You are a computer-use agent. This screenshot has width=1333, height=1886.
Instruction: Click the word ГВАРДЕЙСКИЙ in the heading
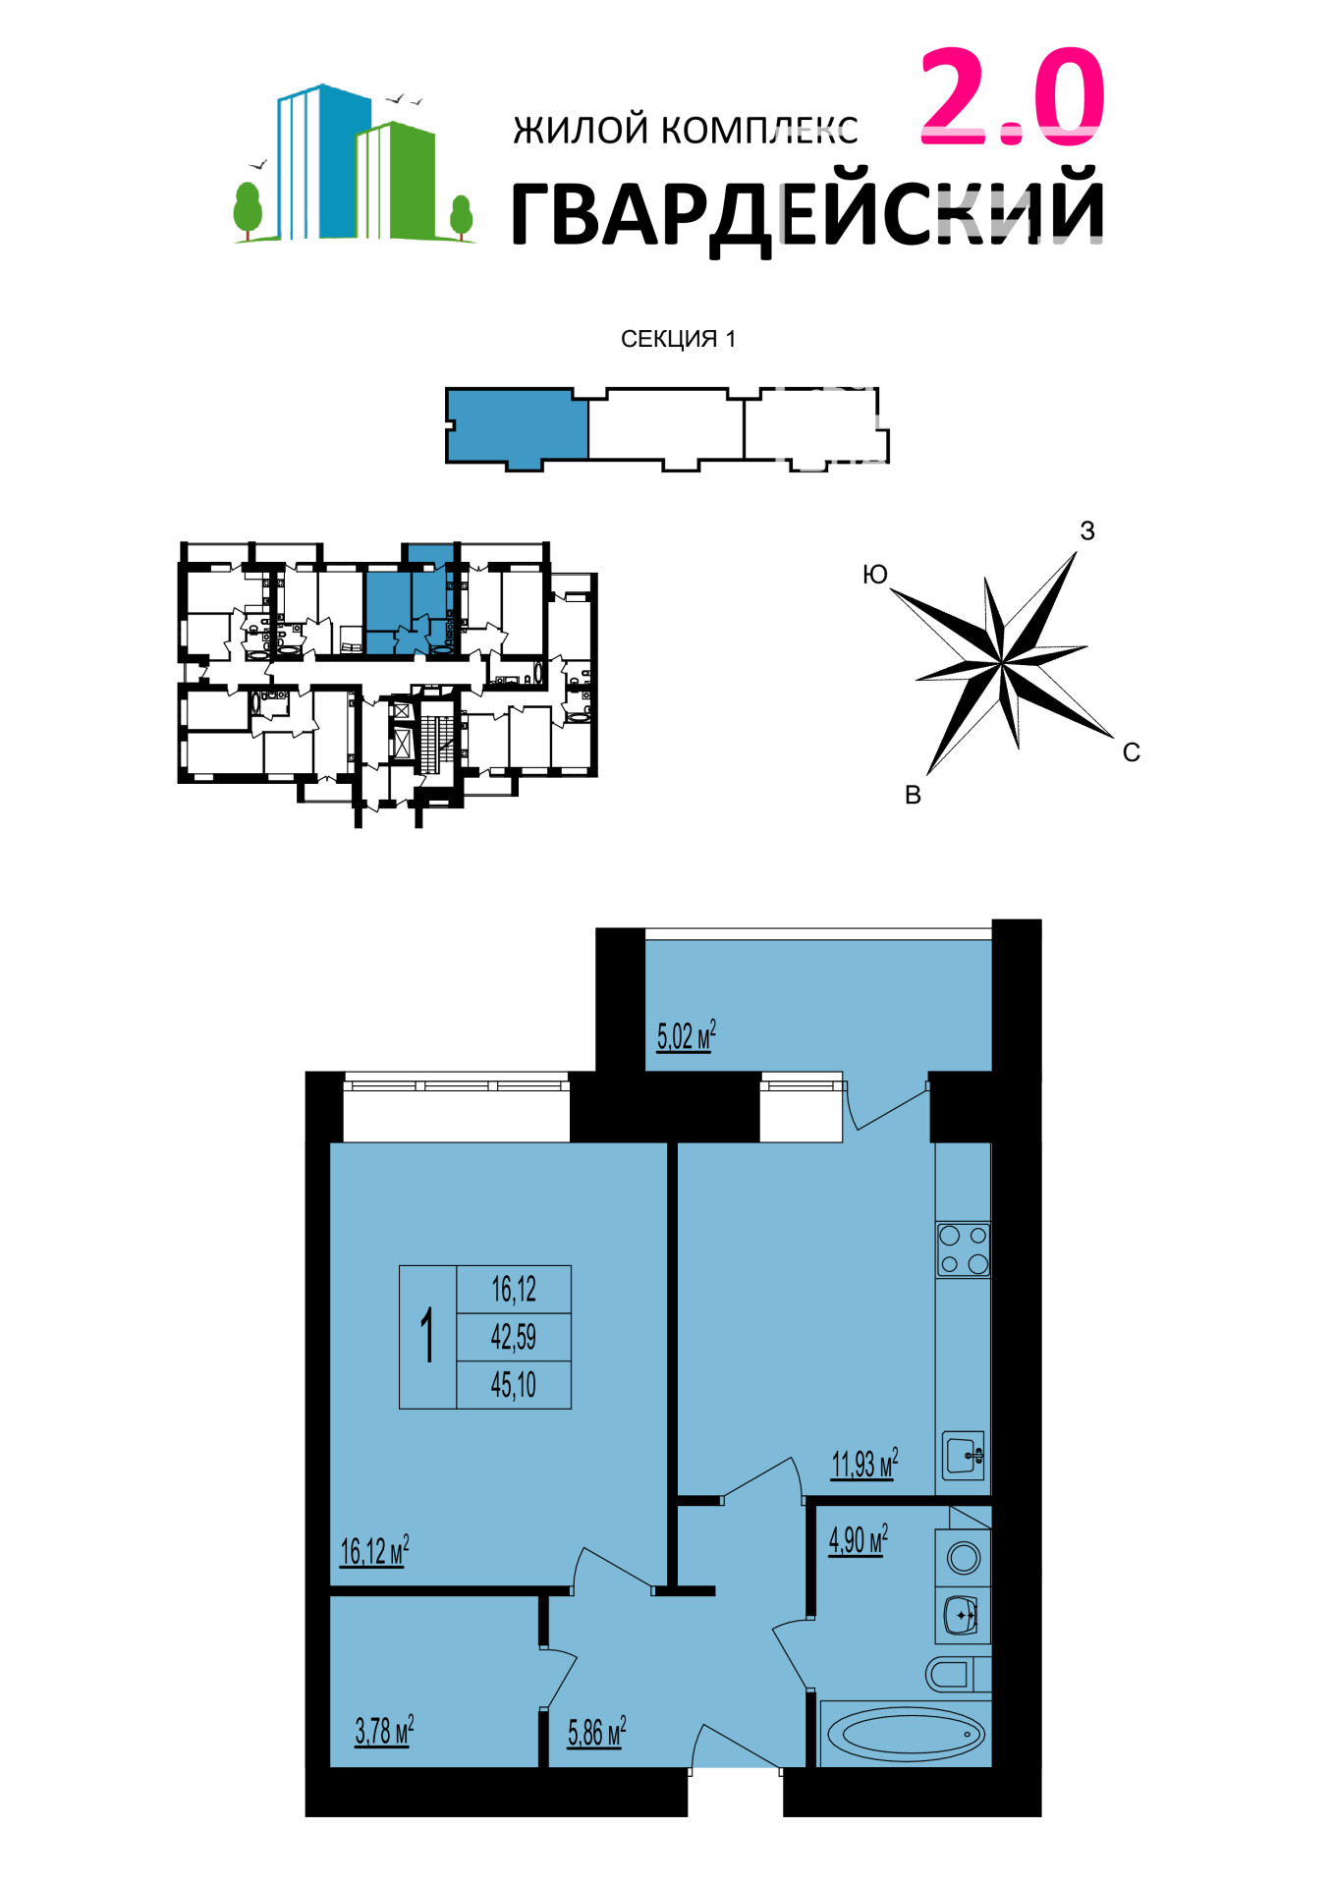(807, 209)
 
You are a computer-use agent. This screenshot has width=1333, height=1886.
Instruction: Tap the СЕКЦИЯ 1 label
(678, 339)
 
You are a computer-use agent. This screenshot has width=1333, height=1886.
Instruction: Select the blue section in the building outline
(517, 428)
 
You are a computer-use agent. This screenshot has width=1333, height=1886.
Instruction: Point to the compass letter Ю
(874, 575)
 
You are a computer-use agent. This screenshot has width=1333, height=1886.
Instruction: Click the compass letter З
(1087, 531)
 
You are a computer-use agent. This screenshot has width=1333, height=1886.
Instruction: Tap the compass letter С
(1132, 752)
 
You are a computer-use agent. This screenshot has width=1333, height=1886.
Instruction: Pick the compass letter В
(913, 796)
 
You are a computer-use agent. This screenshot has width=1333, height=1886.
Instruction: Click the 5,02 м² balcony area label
(686, 1035)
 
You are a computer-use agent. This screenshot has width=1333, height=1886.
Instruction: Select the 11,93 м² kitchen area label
(864, 1464)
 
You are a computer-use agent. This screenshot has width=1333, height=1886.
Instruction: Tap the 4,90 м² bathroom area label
(859, 1539)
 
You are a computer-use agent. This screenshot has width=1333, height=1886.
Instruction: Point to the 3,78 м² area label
(384, 1730)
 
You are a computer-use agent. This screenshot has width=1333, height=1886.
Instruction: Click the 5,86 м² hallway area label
(596, 1732)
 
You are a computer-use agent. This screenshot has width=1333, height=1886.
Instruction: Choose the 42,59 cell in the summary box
(514, 1337)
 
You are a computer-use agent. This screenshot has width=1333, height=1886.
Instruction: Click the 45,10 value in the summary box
(514, 1385)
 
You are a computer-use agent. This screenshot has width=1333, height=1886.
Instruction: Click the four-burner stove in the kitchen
(964, 1249)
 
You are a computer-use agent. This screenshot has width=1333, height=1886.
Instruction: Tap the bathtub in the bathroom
(905, 1734)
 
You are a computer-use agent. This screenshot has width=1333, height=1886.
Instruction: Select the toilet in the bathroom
(958, 1674)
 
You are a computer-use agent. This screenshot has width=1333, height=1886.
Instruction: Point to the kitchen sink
(964, 1456)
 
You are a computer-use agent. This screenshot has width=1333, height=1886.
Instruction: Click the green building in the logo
(395, 181)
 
